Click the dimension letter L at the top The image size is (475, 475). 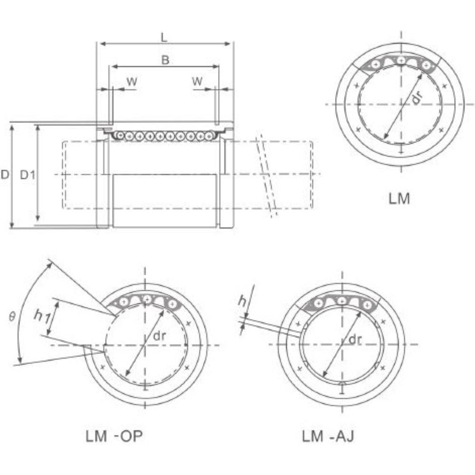click(x=164, y=38)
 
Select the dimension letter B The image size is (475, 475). click(x=165, y=60)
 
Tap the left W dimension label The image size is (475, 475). click(x=132, y=82)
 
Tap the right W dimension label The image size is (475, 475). click(x=197, y=81)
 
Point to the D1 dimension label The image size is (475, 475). click(x=28, y=175)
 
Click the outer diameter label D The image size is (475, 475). click(x=5, y=175)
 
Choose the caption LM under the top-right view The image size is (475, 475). click(x=399, y=199)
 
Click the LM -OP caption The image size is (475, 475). click(x=114, y=437)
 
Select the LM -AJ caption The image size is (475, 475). click(x=328, y=437)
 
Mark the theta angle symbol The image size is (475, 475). click(x=12, y=317)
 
